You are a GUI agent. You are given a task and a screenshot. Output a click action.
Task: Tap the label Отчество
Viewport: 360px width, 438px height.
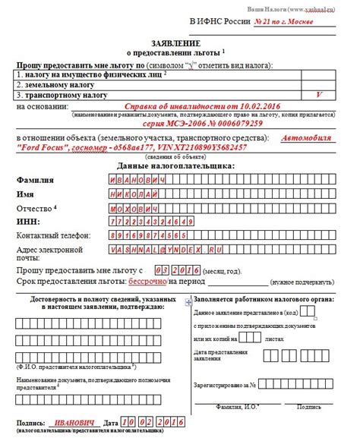[x=34, y=208]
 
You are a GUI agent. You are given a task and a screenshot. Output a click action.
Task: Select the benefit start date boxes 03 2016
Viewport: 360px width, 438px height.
[x=177, y=269]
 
